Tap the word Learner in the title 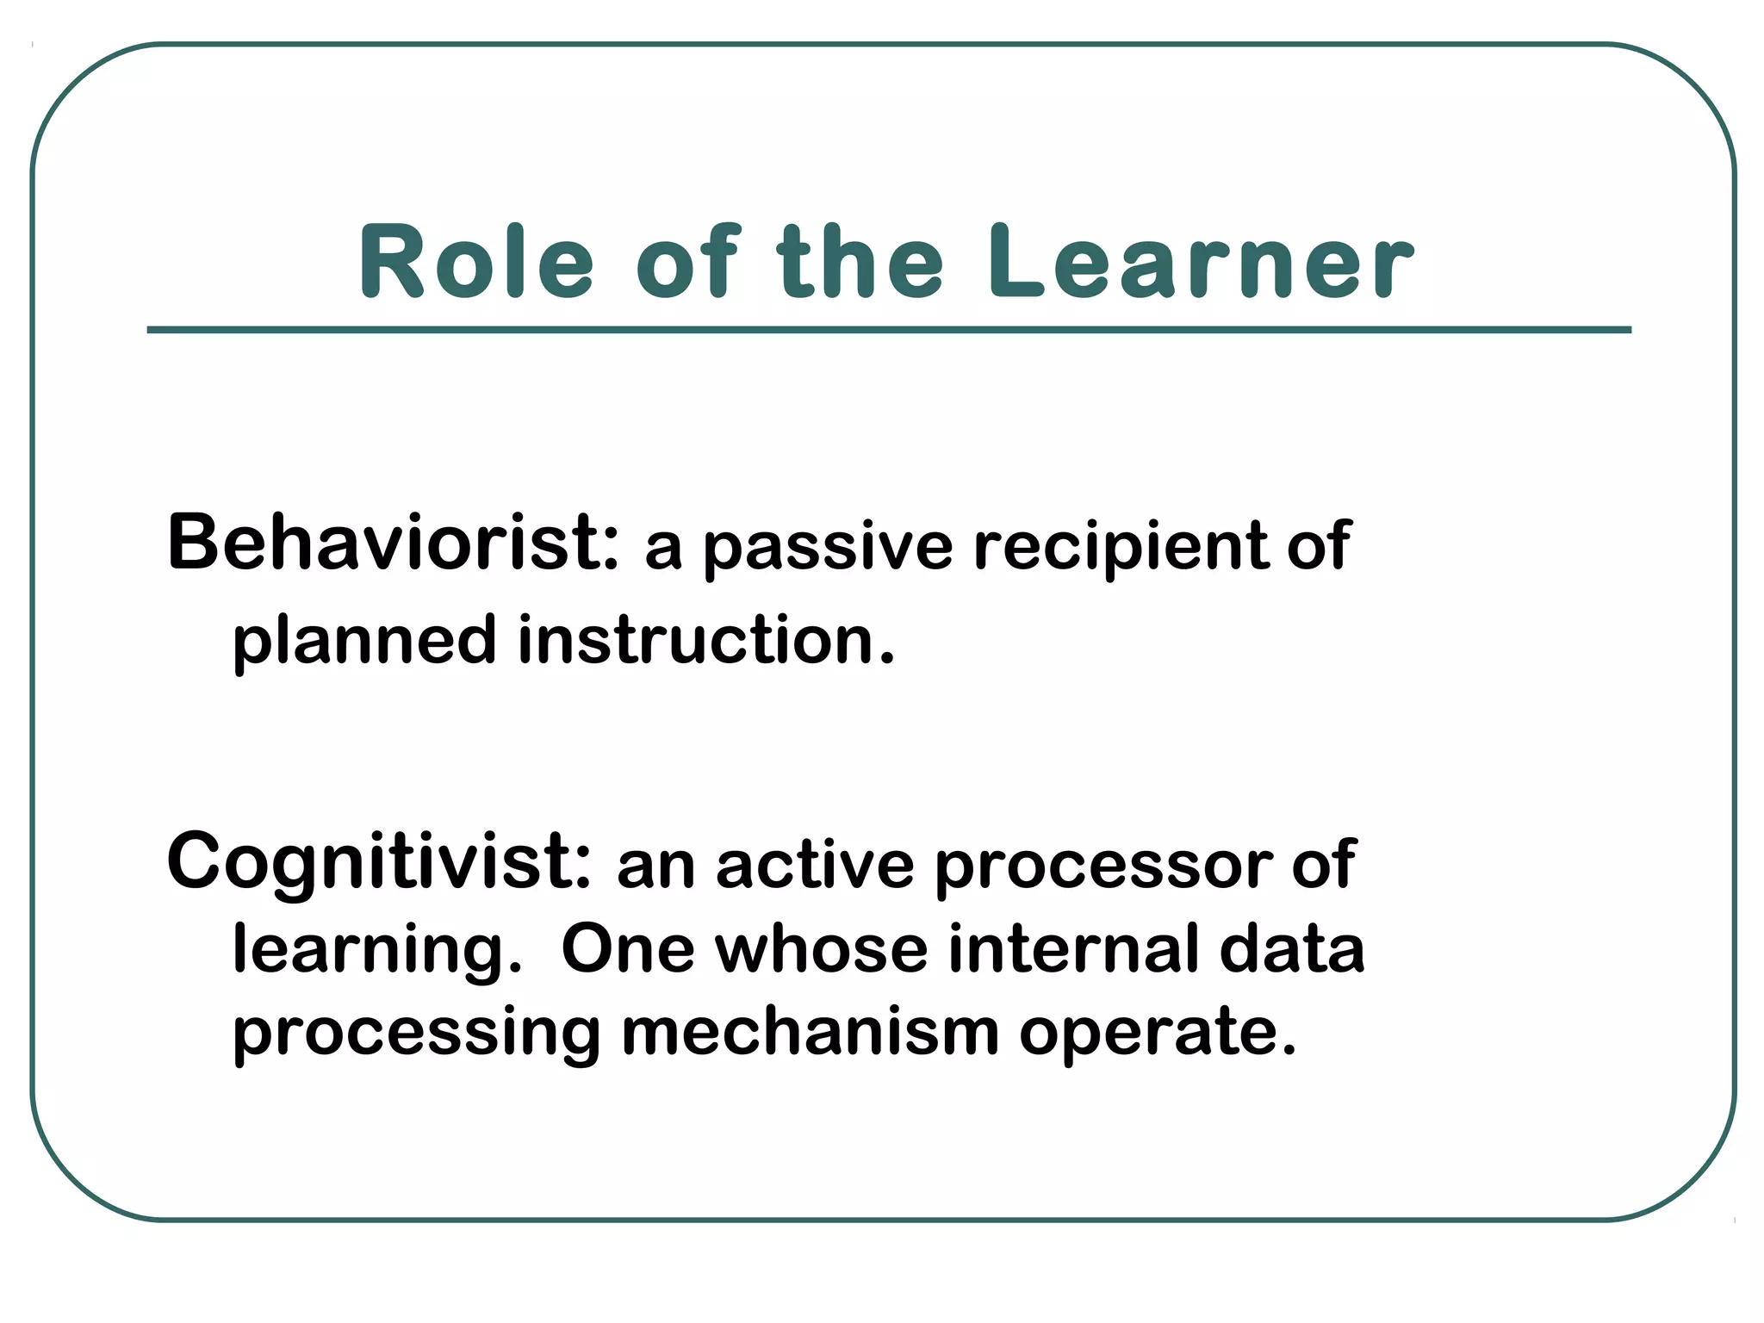pyautogui.click(x=1201, y=262)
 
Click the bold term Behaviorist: pyautogui.click(x=393, y=543)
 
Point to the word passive pyautogui.click(x=828, y=548)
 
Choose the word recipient pyautogui.click(x=1121, y=548)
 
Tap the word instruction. pyautogui.click(x=706, y=642)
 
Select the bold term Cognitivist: pyautogui.click(x=379, y=861)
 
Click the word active pyautogui.click(x=814, y=866)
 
